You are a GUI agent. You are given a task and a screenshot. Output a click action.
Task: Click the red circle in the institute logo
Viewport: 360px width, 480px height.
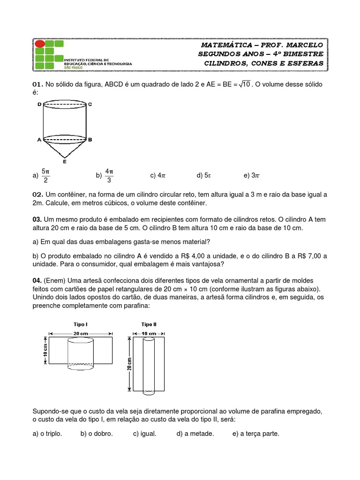coord(40,44)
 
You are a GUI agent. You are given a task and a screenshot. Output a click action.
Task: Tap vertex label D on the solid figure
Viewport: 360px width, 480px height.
coord(39,104)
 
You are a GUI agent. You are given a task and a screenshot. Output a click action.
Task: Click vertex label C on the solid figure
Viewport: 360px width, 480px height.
coord(90,104)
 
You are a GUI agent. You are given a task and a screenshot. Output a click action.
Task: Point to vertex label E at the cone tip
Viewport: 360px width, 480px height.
coord(64,162)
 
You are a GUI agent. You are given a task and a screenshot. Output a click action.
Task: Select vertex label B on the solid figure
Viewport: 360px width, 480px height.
coord(90,139)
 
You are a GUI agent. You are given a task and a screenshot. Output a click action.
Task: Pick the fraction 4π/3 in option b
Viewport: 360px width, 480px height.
coord(109,176)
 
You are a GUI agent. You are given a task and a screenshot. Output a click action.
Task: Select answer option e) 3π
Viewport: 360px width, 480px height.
coord(252,176)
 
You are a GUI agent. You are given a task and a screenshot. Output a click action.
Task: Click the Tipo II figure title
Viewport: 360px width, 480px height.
coord(149,324)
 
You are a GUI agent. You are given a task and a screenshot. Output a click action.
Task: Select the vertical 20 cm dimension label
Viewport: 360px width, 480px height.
coord(129,363)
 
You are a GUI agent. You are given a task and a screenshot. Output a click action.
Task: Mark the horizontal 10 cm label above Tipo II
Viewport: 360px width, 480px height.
coord(149,333)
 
